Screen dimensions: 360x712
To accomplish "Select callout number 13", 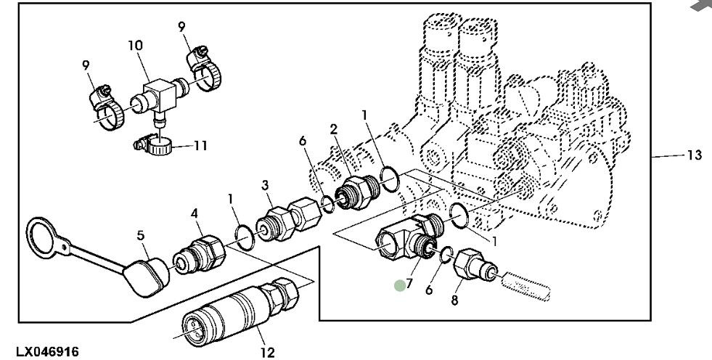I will [695, 155].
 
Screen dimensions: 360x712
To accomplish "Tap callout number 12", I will [268, 353].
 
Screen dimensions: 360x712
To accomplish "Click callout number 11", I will [200, 146].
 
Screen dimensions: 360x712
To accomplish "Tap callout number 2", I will [334, 128].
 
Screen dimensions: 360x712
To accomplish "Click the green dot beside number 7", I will [400, 286].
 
